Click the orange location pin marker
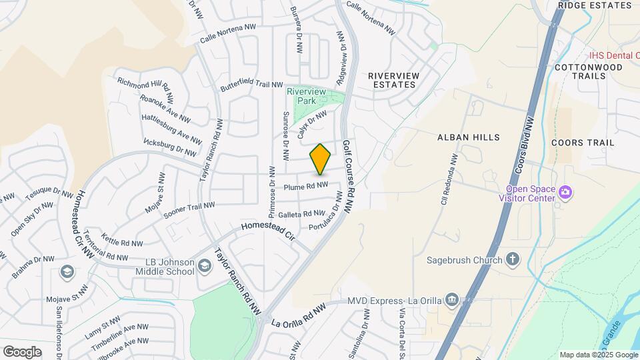point(321,159)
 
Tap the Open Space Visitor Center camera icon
point(565,193)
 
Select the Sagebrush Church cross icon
point(513,259)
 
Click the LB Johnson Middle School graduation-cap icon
point(204,267)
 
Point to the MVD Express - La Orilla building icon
point(452,300)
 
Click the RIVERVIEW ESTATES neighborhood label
point(395,80)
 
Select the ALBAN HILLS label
point(468,137)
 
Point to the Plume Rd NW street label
point(305,187)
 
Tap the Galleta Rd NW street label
point(301,214)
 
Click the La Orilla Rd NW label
point(299,314)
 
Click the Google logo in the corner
point(22,351)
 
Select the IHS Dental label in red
point(613,55)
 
